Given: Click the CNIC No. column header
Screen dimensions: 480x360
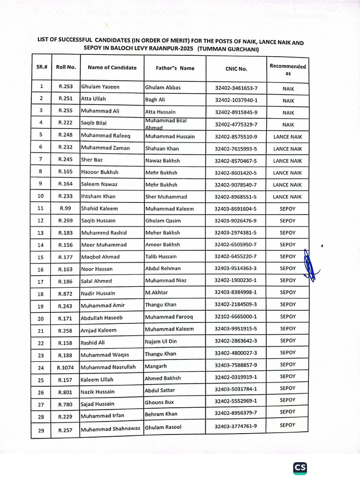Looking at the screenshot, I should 236,69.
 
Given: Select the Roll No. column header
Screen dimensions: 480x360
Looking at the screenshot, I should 66,67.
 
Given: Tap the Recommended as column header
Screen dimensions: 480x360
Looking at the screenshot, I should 288,69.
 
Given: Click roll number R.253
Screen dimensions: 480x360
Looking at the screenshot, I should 66,87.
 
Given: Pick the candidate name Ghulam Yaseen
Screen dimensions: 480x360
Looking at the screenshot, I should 100,87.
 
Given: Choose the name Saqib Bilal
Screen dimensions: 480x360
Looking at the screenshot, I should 94,123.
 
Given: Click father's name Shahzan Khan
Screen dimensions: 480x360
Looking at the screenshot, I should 162,149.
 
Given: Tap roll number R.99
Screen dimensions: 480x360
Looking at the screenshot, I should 65,209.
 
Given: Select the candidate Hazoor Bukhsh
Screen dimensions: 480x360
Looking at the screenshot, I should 100,172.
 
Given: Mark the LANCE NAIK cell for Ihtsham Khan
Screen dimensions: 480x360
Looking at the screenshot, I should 287,197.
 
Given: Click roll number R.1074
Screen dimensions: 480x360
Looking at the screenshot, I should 66,367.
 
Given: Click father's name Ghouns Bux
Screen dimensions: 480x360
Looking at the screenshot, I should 159,402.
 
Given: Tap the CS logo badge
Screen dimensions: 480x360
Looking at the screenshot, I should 300,467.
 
